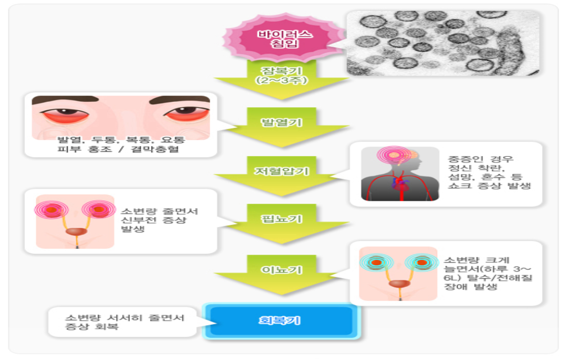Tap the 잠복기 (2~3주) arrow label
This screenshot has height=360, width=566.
(x=282, y=76)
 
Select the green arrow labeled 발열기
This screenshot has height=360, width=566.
(x=282, y=127)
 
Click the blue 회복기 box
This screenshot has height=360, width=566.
(x=281, y=321)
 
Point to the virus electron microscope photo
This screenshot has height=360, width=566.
(x=443, y=43)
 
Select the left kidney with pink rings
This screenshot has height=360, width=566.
(x=51, y=210)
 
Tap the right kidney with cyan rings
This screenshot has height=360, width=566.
(x=421, y=263)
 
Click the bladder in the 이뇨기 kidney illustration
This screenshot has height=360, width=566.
(x=399, y=284)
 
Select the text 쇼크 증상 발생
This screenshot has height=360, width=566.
(x=489, y=186)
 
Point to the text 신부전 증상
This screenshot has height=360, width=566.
(x=154, y=220)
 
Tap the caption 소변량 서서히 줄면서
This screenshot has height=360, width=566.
(x=124, y=318)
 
